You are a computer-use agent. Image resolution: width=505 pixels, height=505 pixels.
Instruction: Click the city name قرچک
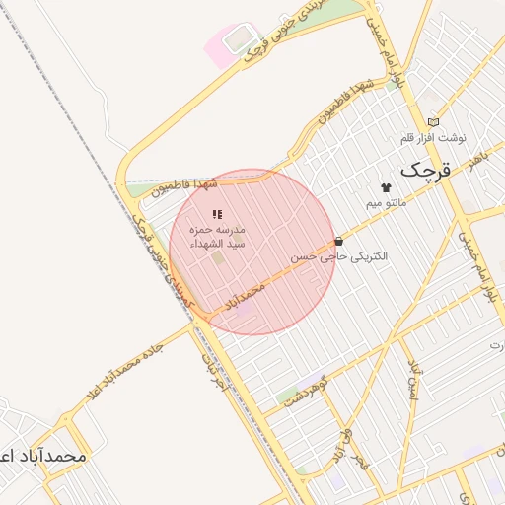[425, 169]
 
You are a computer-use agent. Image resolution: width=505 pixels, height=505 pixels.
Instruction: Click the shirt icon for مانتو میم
[386, 186]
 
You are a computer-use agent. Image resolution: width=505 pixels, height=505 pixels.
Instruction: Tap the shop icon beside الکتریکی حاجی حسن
[339, 241]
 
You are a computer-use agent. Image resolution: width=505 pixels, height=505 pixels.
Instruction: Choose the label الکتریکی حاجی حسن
[339, 255]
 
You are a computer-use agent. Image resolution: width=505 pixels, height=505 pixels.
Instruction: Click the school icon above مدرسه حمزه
[217, 214]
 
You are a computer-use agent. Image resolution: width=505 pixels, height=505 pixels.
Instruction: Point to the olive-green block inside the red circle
[217, 258]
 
